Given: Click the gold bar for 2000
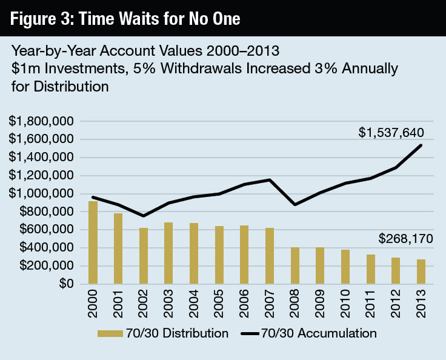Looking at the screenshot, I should pyautogui.click(x=93, y=242).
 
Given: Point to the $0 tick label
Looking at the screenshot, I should pyautogui.click(x=65, y=284).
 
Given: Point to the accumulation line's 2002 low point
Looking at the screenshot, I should pyautogui.click(x=144, y=216).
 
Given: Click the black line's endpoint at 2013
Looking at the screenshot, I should pyautogui.click(x=421, y=145).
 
